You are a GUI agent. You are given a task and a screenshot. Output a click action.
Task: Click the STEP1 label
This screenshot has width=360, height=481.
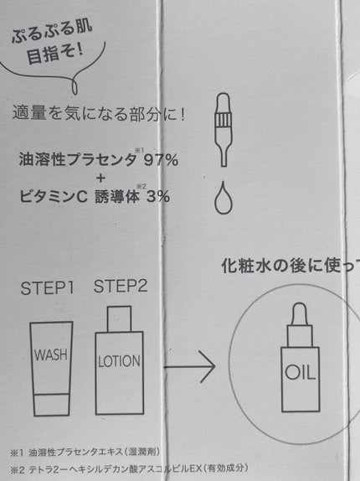[x=48, y=288]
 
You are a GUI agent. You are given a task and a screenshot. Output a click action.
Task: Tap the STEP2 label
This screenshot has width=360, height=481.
[x=121, y=286]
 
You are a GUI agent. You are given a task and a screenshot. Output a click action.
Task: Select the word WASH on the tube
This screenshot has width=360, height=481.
[x=51, y=354]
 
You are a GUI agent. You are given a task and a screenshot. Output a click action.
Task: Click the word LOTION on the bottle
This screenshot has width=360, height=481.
[x=119, y=360]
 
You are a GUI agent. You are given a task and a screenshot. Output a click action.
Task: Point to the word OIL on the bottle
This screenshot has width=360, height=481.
[x=300, y=372]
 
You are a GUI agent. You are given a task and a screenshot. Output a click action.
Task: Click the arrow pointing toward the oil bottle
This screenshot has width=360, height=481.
[x=190, y=366]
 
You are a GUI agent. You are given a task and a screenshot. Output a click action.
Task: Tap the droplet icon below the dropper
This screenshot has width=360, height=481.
[x=223, y=197]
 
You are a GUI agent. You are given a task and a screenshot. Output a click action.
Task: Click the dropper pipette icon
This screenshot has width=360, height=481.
[x=223, y=130]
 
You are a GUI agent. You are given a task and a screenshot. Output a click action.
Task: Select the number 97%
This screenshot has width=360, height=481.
[x=161, y=160]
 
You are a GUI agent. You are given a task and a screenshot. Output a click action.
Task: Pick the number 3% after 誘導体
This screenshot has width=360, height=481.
[x=158, y=196]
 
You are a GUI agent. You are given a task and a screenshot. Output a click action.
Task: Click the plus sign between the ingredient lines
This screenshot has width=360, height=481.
[x=100, y=178]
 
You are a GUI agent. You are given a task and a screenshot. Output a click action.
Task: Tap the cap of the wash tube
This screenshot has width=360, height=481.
[x=51, y=404]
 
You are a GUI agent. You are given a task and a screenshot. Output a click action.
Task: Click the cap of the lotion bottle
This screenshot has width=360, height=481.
[x=119, y=319]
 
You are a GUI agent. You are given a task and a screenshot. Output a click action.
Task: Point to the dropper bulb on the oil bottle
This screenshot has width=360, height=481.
[x=300, y=313]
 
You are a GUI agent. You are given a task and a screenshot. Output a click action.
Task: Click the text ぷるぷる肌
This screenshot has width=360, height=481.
[x=52, y=31]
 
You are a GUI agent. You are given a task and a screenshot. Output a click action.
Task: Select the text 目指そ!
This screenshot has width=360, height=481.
[x=54, y=54]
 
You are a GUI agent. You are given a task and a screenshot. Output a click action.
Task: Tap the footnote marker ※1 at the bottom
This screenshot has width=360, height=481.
[x=17, y=453]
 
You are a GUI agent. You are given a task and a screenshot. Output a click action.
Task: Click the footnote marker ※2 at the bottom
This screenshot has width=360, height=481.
[x=18, y=470]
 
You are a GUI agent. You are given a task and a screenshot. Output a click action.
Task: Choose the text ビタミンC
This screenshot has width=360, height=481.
[x=54, y=196]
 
